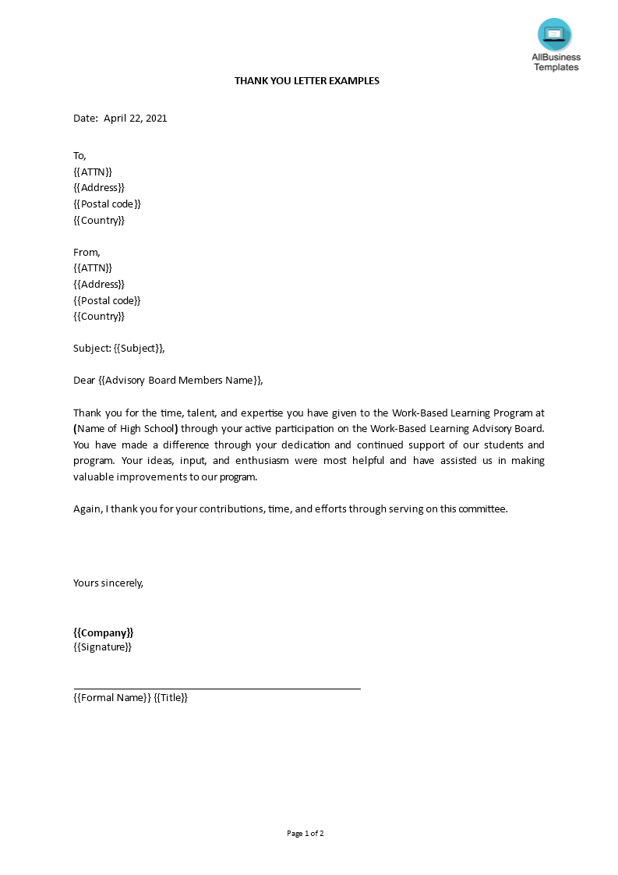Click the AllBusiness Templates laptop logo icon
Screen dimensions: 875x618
point(554,34)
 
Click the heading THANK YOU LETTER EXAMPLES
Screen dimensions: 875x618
point(307,81)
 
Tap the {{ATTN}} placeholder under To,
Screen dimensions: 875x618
point(93,172)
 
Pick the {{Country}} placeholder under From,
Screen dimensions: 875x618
point(99,317)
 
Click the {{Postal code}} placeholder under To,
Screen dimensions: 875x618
point(107,204)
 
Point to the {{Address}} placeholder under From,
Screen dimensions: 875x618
point(99,285)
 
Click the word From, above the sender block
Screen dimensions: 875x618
point(87,253)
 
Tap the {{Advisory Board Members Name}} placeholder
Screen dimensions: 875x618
point(180,381)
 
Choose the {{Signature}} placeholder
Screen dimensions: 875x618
point(102,647)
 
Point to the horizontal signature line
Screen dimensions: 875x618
point(217,689)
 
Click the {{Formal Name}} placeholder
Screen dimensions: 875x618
point(111,698)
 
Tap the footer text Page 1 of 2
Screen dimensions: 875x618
point(305,834)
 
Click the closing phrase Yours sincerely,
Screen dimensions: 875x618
point(108,583)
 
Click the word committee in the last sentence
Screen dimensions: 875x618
point(482,508)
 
